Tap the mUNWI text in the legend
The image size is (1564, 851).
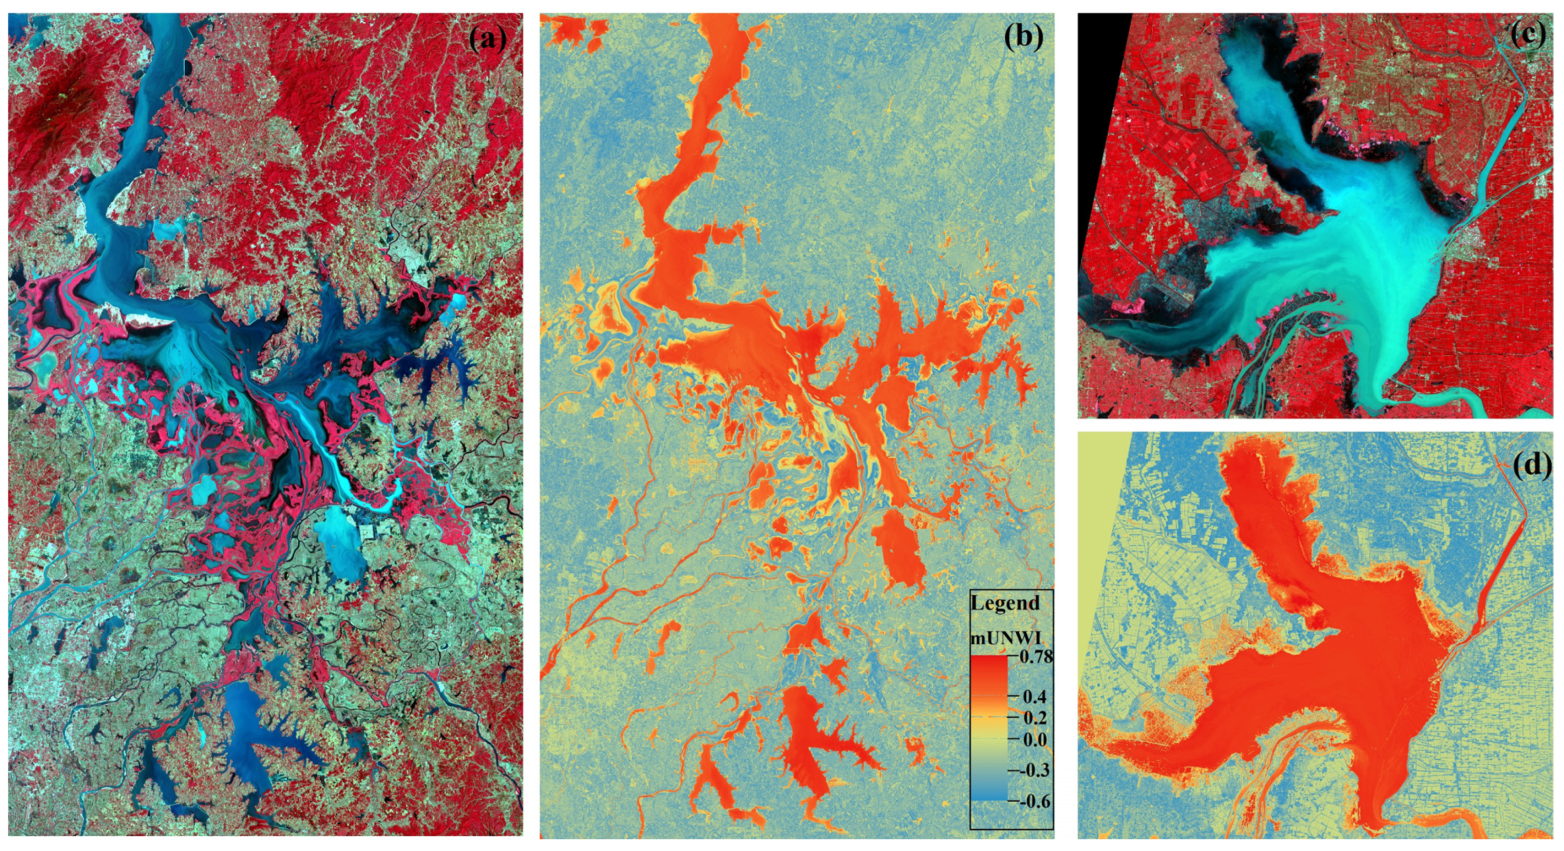[x=1006, y=638]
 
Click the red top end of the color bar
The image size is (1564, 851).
[x=989, y=662]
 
